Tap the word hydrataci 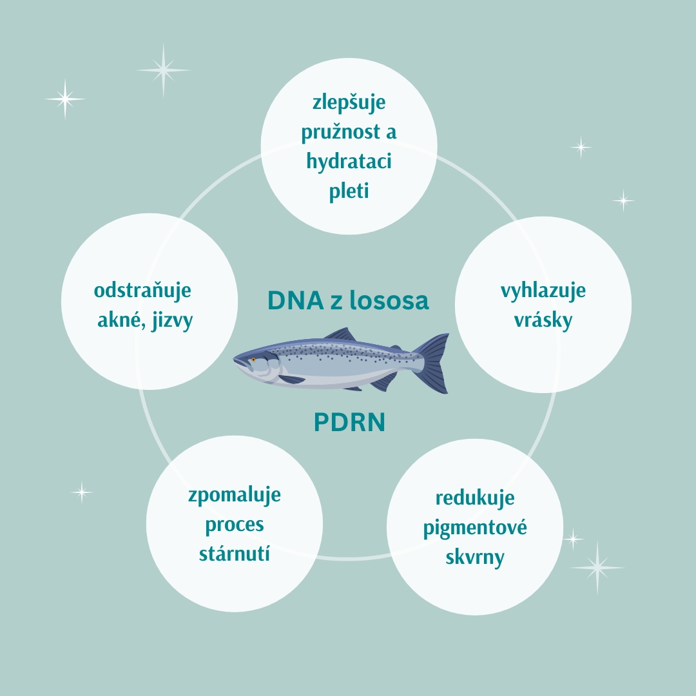[x=349, y=162]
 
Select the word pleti [x=349, y=191]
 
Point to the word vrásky [x=543, y=320]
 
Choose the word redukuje [x=475, y=498]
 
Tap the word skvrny [x=475, y=557]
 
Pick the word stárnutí [x=235, y=554]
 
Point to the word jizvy [x=172, y=320]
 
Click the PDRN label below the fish [x=349, y=422]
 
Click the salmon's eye [x=253, y=360]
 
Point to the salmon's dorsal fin [x=340, y=334]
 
